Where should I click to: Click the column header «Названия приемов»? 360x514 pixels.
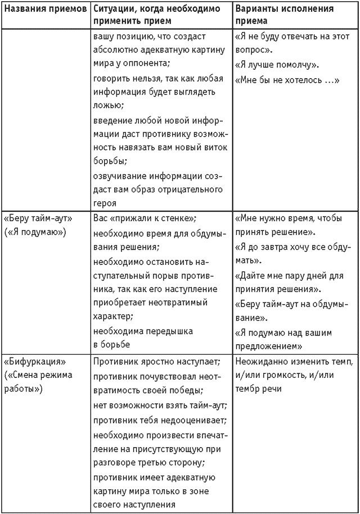pos(44,10)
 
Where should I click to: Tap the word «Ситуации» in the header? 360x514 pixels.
pos(113,10)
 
